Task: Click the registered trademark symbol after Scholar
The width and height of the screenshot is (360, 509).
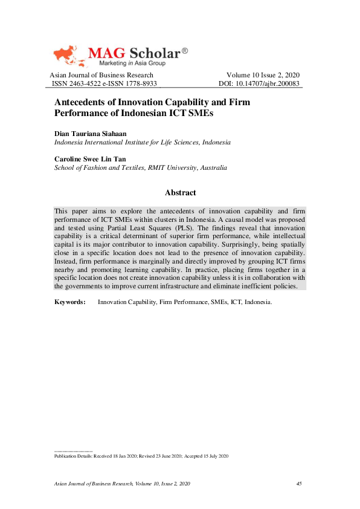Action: coord(184,51)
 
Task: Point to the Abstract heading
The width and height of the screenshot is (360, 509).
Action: coord(180,193)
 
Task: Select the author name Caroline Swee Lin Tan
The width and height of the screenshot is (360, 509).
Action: coord(90,159)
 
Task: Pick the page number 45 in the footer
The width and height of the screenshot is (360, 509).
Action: coord(298,484)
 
